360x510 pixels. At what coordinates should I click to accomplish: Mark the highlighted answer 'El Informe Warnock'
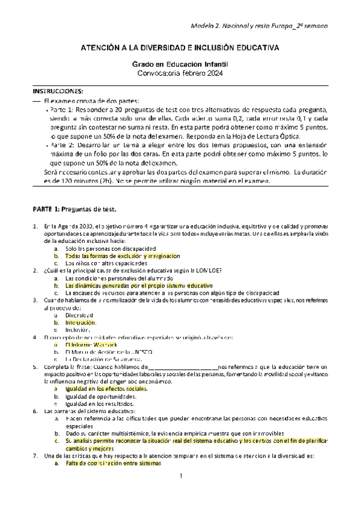coord(91,345)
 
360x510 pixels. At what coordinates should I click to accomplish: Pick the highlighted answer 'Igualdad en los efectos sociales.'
coord(106,389)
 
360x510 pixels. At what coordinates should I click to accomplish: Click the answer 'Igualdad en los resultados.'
coord(100,404)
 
